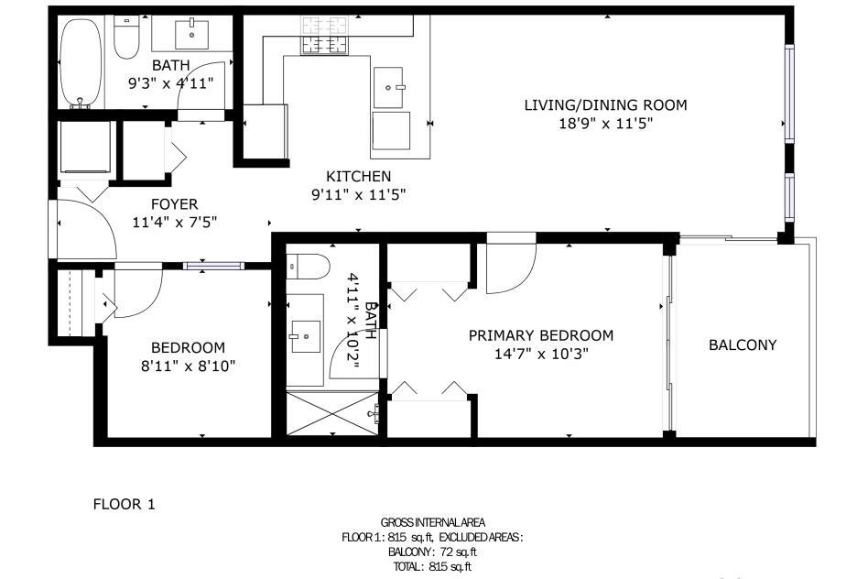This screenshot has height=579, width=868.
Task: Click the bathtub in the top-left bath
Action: click(x=81, y=62)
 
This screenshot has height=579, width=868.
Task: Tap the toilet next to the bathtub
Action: click(x=126, y=38)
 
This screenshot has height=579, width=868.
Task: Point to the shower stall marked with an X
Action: click(x=332, y=413)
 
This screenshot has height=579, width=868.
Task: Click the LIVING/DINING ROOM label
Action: click(x=605, y=104)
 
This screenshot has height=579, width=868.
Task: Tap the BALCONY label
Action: click(x=743, y=344)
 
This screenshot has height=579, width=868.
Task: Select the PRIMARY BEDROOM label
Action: click(x=541, y=335)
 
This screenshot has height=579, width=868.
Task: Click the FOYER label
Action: click(x=174, y=204)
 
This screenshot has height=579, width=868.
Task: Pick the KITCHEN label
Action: click(x=359, y=176)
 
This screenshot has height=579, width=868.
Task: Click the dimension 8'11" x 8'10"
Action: click(x=189, y=366)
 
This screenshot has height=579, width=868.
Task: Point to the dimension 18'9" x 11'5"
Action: click(x=605, y=123)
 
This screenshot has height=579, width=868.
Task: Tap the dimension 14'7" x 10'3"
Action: click(x=541, y=354)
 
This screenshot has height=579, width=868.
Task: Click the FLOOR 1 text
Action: click(x=124, y=504)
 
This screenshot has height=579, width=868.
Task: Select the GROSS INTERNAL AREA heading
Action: click(x=433, y=522)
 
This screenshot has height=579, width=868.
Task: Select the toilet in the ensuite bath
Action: click(x=309, y=266)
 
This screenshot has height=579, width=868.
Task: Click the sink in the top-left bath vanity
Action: click(x=191, y=34)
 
